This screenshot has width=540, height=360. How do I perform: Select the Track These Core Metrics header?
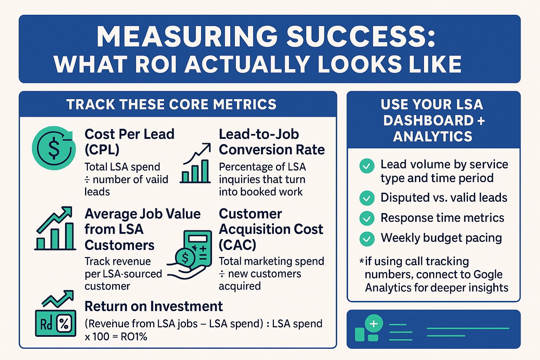(171, 104)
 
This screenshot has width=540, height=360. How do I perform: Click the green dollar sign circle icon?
(54, 148)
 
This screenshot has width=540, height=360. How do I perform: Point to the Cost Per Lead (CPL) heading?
(129, 142)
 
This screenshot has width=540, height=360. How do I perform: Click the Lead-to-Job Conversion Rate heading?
(271, 142)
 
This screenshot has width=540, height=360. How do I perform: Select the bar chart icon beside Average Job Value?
(55, 229)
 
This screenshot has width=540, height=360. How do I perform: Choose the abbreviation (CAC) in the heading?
(237, 245)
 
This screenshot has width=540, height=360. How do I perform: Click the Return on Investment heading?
(154, 306)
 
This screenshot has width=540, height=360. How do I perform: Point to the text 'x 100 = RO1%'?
(116, 336)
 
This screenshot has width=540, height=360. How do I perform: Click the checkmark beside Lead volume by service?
(367, 166)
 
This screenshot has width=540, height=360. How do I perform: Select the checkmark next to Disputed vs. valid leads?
(367, 198)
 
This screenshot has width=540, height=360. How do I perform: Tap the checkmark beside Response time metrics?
(367, 219)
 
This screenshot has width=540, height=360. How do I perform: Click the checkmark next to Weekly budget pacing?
(367, 239)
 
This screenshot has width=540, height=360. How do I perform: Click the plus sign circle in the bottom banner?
(374, 323)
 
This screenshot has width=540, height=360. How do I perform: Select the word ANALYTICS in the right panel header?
(433, 136)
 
